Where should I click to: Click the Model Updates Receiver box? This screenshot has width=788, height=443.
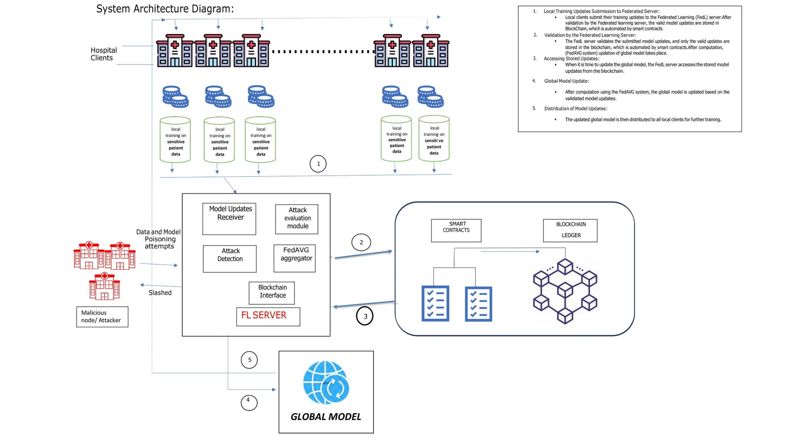pyautogui.click(x=229, y=218)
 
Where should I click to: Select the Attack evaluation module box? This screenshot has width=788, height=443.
pyautogui.click(x=297, y=219)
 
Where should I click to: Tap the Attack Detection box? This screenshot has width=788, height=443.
pyautogui.click(x=229, y=258)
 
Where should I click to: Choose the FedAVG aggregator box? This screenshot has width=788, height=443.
pyautogui.click(x=295, y=258)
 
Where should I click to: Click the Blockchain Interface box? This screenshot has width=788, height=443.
pyautogui.click(x=272, y=293)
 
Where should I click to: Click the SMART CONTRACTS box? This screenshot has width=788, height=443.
pyautogui.click(x=456, y=230)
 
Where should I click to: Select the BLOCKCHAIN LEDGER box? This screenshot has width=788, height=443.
pyautogui.click(x=570, y=230)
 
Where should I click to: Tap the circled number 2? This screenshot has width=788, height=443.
pyautogui.click(x=361, y=242)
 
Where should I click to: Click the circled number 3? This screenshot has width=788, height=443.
pyautogui.click(x=365, y=316)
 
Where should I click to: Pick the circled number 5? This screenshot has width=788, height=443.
pyautogui.click(x=249, y=360)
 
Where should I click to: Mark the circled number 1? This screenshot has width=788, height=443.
pyautogui.click(x=318, y=164)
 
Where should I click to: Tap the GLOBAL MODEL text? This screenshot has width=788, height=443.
pyautogui.click(x=326, y=417)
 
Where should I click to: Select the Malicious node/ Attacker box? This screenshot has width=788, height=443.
pyautogui.click(x=102, y=316)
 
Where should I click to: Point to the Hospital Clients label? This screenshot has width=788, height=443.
pyautogui.click(x=103, y=54)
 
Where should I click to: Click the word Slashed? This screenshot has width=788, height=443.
pyautogui.click(x=160, y=293)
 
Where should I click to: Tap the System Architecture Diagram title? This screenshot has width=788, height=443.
pyautogui.click(x=165, y=9)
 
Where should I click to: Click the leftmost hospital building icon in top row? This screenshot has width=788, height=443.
pyautogui.click(x=175, y=51)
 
